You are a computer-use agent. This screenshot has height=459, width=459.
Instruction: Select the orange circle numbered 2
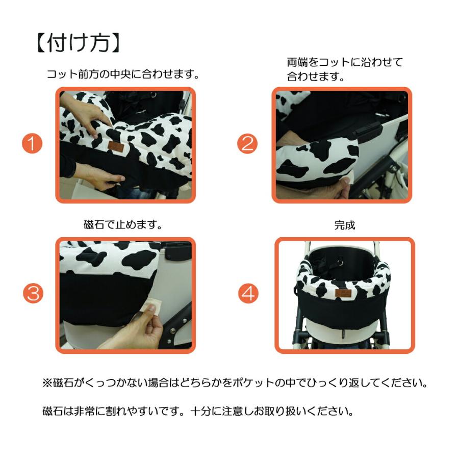247,144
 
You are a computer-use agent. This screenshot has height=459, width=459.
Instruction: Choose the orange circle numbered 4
248,293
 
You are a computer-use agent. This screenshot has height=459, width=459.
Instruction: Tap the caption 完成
344,225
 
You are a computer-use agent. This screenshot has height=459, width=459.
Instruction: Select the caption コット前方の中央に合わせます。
122,74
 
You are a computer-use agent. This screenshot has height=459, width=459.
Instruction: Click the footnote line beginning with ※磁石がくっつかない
234,382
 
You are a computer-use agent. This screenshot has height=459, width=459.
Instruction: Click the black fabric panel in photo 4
344,311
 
